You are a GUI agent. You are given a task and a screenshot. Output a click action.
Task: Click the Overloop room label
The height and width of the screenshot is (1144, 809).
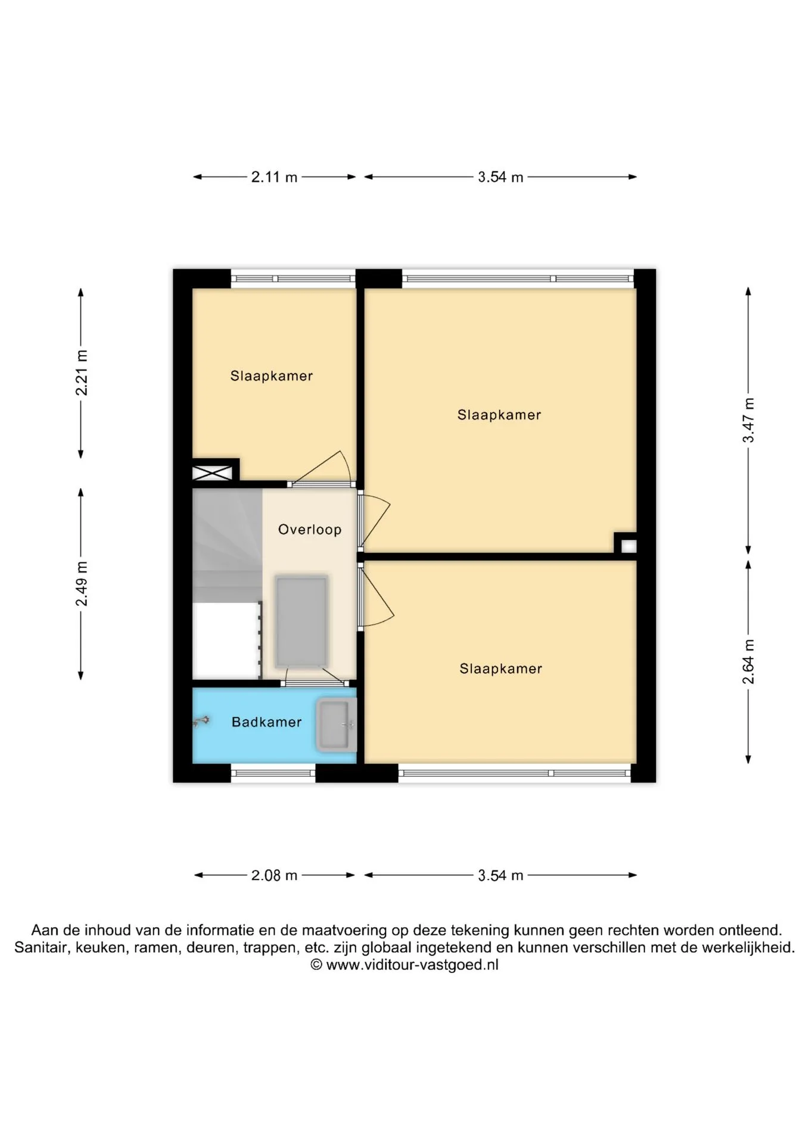click(310, 529)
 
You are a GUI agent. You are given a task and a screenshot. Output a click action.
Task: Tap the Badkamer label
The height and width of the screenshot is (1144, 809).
click(266, 722)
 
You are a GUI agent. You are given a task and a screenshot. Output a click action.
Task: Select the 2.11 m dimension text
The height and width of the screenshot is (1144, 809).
click(274, 177)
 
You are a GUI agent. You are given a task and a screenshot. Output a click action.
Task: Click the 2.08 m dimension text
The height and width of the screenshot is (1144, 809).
click(274, 875)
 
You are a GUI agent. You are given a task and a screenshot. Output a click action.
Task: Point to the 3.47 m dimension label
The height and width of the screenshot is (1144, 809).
click(749, 421)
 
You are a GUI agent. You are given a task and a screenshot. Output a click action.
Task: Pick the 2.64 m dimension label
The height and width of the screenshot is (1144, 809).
click(749, 662)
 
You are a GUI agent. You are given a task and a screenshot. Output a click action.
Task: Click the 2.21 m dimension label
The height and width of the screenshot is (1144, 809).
click(82, 373)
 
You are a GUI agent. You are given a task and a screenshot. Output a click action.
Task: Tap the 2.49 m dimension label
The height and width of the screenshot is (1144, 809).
click(82, 584)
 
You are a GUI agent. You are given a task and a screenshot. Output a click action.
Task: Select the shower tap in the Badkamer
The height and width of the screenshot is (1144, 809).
click(201, 722)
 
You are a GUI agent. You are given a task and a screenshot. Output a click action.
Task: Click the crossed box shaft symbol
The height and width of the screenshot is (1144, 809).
click(212, 473)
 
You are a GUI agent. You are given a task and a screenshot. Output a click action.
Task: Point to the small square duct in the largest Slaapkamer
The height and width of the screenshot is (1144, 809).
click(628, 546)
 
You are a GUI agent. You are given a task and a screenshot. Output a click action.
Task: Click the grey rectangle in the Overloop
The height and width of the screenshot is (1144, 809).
click(301, 621)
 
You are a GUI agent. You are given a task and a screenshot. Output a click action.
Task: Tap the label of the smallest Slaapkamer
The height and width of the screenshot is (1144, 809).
click(272, 376)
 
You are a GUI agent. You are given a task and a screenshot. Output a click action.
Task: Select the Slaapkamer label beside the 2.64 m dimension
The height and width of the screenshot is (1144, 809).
click(501, 669)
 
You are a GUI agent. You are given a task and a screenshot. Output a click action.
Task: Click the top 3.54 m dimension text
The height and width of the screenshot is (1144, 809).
click(500, 177)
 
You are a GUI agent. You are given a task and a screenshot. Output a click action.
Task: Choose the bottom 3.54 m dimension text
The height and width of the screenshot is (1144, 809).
click(500, 875)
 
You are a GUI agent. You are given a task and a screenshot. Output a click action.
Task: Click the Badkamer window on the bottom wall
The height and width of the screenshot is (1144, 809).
click(273, 773)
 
